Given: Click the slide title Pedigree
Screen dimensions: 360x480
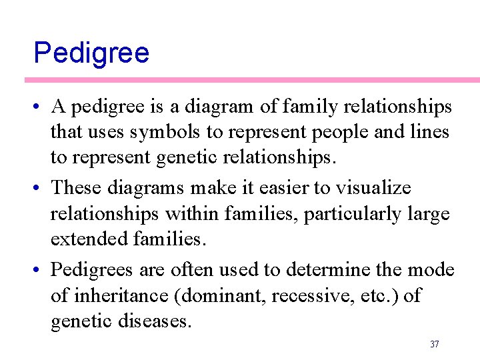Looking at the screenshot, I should click(x=91, y=52).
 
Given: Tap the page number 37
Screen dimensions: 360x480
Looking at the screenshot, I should click(x=434, y=344).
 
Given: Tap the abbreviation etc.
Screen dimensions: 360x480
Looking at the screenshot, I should click(x=366, y=295).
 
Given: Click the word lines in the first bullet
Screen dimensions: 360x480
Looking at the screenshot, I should click(x=427, y=133).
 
